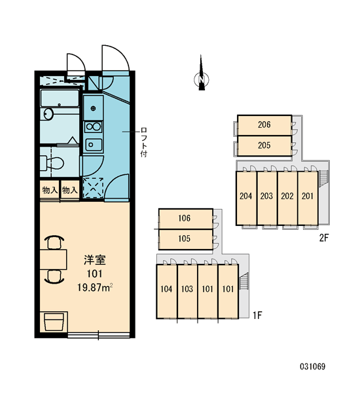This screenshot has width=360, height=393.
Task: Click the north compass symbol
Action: click(201, 75)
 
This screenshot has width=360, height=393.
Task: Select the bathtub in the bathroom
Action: click(60, 98)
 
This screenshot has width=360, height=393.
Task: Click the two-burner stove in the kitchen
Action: click(93, 127)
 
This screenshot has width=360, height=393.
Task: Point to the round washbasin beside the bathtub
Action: click(48, 114)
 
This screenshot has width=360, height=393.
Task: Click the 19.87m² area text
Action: click(95, 288)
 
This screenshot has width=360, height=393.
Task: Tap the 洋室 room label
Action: click(95, 260)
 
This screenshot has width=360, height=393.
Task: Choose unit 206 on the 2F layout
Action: click(264, 125)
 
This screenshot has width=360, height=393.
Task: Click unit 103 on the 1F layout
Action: click(187, 291)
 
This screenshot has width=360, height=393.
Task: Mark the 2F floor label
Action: click(324, 238)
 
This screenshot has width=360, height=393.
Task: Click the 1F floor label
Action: click(257, 315)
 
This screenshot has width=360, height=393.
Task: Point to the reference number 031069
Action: click(313, 367)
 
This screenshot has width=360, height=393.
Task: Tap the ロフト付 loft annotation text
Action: click(144, 142)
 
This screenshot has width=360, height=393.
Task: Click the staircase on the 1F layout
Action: click(244, 281)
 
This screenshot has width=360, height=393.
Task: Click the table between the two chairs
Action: click(54, 259)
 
